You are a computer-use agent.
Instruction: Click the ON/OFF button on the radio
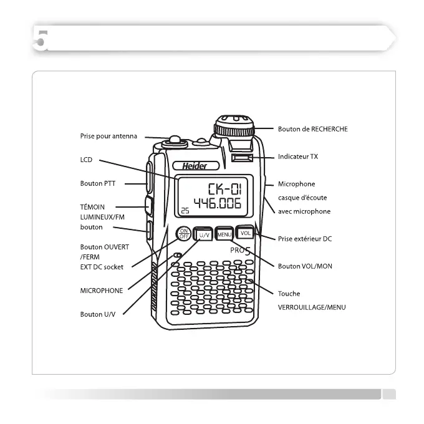[184, 233]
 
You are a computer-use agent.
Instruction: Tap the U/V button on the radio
[204, 235]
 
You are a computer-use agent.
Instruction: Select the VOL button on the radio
[245, 233]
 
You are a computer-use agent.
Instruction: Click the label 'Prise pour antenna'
[108, 136]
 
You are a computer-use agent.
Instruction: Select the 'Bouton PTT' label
[99, 184]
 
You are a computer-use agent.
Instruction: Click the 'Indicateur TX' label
[297, 157]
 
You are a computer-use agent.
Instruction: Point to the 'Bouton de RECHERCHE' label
[312, 129]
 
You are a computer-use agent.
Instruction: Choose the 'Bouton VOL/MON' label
[305, 266]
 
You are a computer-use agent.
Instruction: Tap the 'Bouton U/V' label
[98, 314]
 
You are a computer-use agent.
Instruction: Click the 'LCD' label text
[86, 160]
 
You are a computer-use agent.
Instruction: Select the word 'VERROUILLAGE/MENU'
[311, 307]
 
